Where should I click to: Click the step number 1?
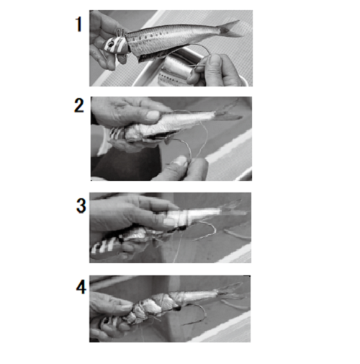click(79, 25)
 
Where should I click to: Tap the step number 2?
click(79, 106)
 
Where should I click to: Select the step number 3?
click(81, 205)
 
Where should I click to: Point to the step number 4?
click(81, 287)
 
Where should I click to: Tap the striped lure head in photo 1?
click(116, 45)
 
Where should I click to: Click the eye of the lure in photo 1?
click(110, 45)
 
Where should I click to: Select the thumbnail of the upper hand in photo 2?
click(153, 115)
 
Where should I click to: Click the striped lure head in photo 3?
click(106, 247)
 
